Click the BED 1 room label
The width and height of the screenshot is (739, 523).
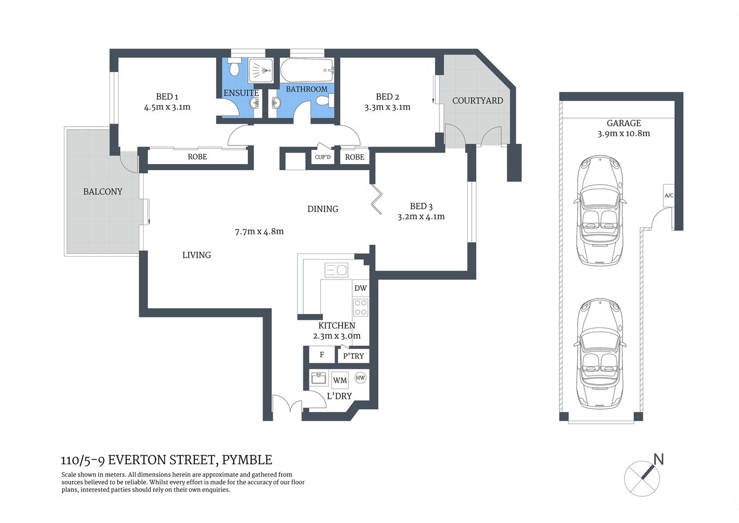pyautogui.click(x=167, y=97)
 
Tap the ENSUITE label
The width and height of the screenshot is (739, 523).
pyautogui.click(x=241, y=93)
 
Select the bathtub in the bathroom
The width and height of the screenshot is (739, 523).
pyautogui.click(x=307, y=70)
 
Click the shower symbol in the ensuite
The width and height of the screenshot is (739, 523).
pyautogui.click(x=260, y=71)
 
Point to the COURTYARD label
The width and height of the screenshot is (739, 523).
pyautogui.click(x=478, y=101)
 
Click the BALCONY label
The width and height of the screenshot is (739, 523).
pyautogui.click(x=102, y=192)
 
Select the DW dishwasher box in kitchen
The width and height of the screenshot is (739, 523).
pyautogui.click(x=361, y=288)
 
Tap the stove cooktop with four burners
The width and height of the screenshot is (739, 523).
pyautogui.click(x=361, y=307)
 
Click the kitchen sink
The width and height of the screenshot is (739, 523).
pyautogui.click(x=336, y=270)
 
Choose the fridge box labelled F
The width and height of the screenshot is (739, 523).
pyautogui.click(x=322, y=355)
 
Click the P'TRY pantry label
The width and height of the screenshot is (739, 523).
pyautogui.click(x=353, y=356)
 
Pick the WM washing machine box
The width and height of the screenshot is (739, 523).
pyautogui.click(x=340, y=380)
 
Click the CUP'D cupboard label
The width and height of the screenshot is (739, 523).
pyautogui.click(x=323, y=157)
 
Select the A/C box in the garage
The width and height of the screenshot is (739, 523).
pyautogui.click(x=669, y=196)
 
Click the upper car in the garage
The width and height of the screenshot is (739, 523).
pyautogui.click(x=600, y=210)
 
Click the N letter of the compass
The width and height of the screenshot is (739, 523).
pyautogui.click(x=658, y=459)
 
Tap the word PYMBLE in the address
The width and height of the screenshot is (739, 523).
pyautogui.click(x=247, y=460)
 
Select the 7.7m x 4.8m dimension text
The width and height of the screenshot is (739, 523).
pyautogui.click(x=259, y=232)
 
